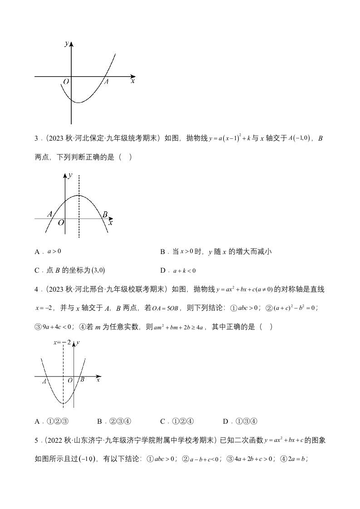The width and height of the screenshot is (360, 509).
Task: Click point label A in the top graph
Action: click(x=107, y=82)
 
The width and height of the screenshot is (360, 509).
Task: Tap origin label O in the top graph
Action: click(x=66, y=82)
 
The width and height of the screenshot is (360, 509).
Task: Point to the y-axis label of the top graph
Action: click(x=67, y=44)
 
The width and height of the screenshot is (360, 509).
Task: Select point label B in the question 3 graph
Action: click(x=105, y=214)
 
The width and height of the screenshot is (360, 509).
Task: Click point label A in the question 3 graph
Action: click(x=50, y=214)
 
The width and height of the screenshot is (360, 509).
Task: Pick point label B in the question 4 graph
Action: click(x=82, y=380)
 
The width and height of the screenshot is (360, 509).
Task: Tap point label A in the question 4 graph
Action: click(x=44, y=382)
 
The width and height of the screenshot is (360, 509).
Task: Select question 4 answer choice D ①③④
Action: click(x=241, y=421)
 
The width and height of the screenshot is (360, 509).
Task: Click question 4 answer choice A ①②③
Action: click(x=52, y=421)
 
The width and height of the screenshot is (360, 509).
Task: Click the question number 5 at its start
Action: click(x=37, y=440)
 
